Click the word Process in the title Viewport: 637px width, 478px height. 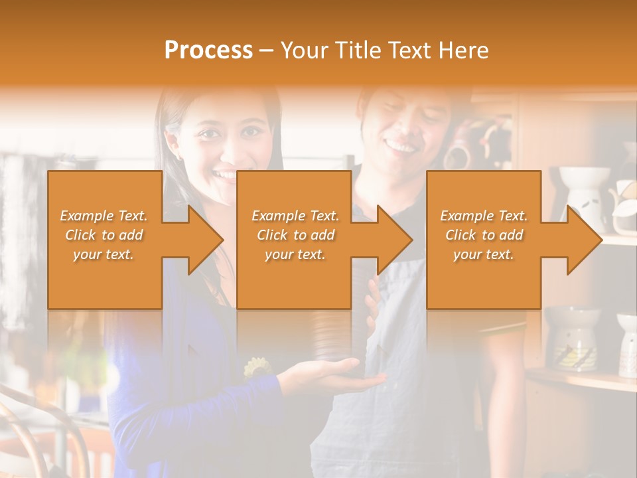pyautogui.click(x=208, y=50)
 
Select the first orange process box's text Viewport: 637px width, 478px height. pyautogui.click(x=104, y=235)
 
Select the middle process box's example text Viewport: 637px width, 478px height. pyautogui.click(x=295, y=235)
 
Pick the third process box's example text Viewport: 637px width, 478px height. pyautogui.click(x=484, y=235)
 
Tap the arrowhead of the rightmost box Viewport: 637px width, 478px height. pyautogui.click(x=584, y=240)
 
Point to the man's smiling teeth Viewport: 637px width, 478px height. pyautogui.click(x=401, y=145)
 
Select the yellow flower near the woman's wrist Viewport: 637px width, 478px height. pyautogui.click(x=257, y=366)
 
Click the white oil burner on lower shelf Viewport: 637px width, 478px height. pyautogui.click(x=571, y=339)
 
